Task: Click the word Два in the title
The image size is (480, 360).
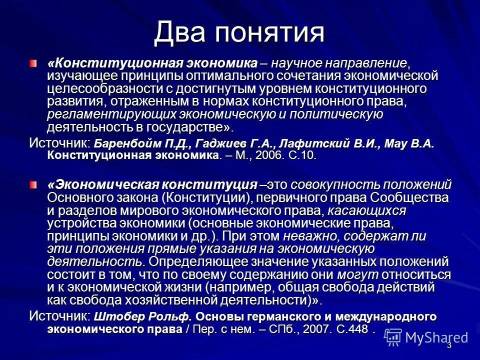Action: pos(180,33)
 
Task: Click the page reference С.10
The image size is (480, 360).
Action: pos(302,155)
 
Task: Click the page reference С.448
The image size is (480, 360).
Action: pos(351,329)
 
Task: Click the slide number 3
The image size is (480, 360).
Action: pos(449,345)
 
